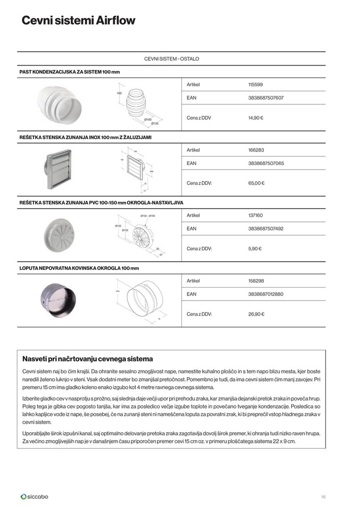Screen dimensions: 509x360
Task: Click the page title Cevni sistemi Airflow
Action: [x=78, y=21]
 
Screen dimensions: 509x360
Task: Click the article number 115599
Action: [x=255, y=85]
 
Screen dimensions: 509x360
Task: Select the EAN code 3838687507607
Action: [x=266, y=98]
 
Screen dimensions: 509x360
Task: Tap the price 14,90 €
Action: [x=255, y=118]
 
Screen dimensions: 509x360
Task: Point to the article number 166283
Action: [x=256, y=150]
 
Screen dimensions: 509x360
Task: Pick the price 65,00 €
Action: [x=256, y=183]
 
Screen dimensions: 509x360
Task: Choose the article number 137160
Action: [x=255, y=215]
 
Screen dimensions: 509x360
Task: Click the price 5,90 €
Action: [x=255, y=248]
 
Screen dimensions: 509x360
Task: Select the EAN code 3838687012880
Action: [x=266, y=294]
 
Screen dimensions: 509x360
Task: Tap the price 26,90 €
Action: [x=256, y=314]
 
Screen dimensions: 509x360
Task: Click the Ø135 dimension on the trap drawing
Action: [x=155, y=123]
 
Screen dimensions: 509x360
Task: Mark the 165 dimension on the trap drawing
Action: [x=119, y=93]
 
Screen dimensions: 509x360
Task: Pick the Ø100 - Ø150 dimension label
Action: [x=147, y=216]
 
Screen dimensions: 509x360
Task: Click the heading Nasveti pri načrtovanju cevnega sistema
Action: [x=88, y=359]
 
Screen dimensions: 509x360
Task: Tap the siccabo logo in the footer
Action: [x=34, y=496]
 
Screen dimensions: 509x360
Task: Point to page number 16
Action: [x=323, y=497]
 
